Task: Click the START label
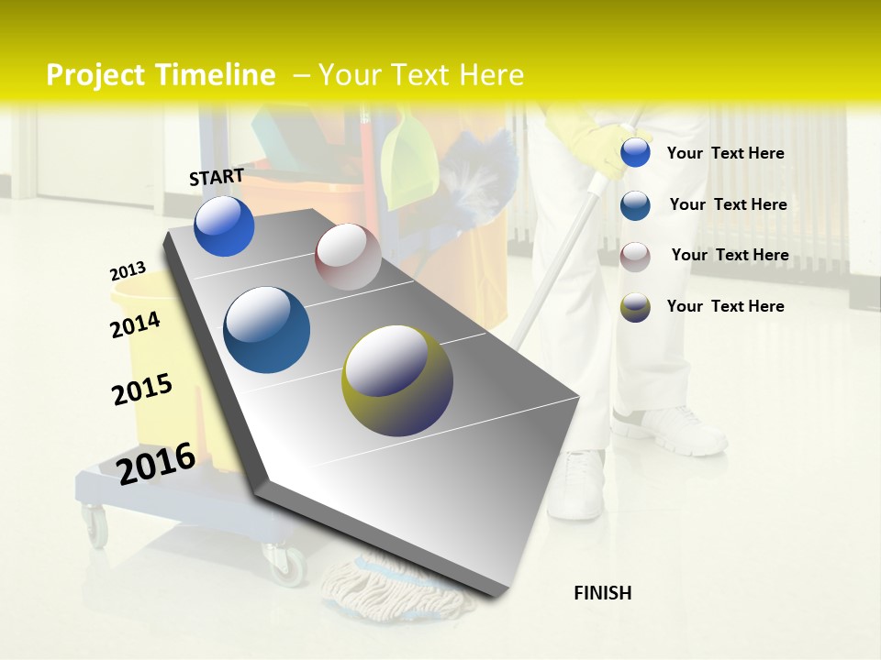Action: (x=217, y=177)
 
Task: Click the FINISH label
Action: (x=602, y=593)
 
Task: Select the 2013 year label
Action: (x=128, y=271)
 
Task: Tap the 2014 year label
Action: (x=135, y=324)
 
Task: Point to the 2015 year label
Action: (x=142, y=389)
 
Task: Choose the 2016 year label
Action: (x=156, y=463)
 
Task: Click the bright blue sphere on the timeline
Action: (x=224, y=226)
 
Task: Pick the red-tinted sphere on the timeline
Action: (x=348, y=257)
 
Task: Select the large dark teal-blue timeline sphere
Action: (x=266, y=330)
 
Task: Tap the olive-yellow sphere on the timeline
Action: (x=397, y=380)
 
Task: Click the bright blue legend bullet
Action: (x=635, y=153)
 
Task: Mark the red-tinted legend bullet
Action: (x=635, y=256)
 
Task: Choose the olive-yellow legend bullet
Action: (x=635, y=307)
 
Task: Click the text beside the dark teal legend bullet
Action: (x=728, y=204)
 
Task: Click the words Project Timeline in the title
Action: (x=161, y=75)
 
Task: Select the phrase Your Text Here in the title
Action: (x=420, y=75)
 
